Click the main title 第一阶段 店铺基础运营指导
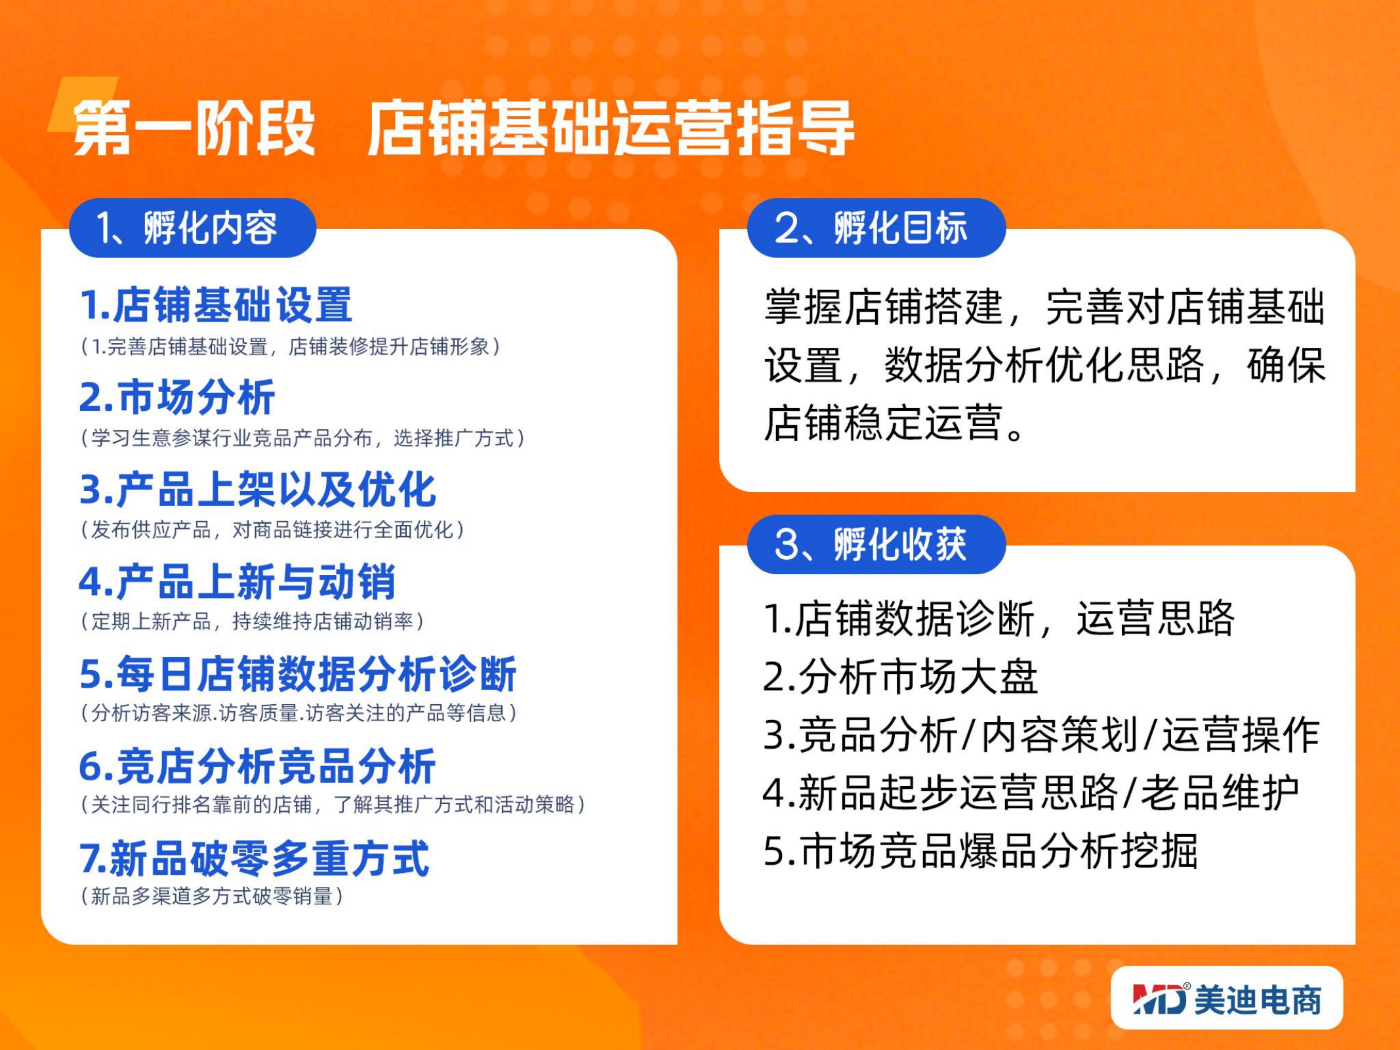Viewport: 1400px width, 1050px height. pos(463,128)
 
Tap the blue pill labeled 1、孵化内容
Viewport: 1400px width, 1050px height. pos(193,228)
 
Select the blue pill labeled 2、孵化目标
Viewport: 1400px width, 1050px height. pos(876,228)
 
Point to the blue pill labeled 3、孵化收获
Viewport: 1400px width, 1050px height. pos(876,544)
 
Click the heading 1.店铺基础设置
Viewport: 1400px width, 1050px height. pos(216,305)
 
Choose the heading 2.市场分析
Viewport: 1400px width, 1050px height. pos(177,397)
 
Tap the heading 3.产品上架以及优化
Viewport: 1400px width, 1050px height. pos(258,490)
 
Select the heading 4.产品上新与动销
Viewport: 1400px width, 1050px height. pos(237,581)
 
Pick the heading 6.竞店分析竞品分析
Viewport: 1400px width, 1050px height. pos(258,766)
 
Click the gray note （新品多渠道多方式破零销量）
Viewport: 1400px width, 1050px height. pos(212,896)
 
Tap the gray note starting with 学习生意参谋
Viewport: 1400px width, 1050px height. pos(302,438)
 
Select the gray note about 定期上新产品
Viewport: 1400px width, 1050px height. pos(252,621)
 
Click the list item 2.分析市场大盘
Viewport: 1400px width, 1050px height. pos(901,677)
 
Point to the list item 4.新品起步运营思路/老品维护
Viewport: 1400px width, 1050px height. pos(1031,793)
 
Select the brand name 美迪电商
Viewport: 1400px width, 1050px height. pos(1258,999)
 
